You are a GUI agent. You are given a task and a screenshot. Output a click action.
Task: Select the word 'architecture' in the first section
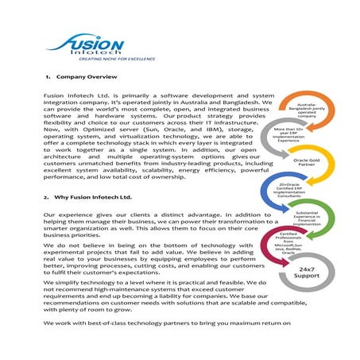[x=65, y=162]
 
